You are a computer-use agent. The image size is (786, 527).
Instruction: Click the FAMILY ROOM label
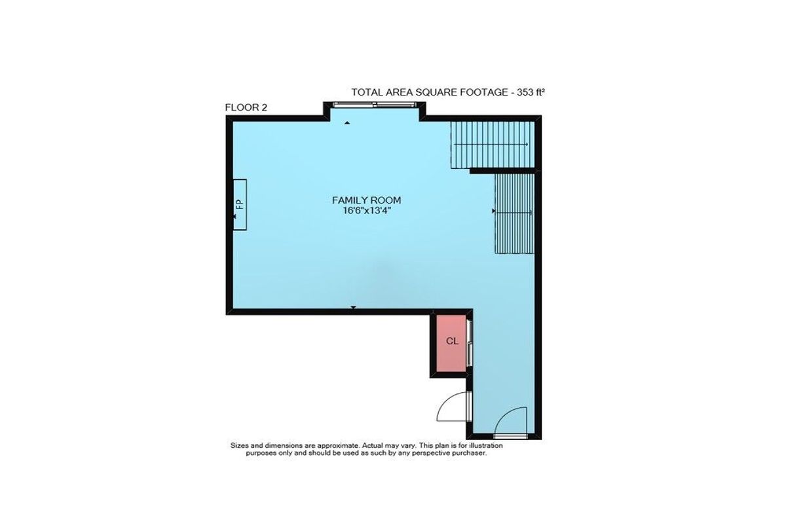(366, 200)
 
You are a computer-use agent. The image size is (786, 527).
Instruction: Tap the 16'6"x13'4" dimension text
(366, 211)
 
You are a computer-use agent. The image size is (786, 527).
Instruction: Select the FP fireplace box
(240, 205)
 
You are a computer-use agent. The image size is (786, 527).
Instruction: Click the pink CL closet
(451, 343)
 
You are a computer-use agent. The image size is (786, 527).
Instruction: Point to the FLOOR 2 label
(246, 107)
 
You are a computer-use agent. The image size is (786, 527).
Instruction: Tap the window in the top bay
(375, 104)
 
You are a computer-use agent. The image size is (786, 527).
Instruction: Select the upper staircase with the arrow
(493, 145)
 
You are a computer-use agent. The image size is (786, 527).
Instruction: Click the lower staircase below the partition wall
(515, 213)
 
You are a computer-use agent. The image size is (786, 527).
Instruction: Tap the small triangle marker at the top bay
(347, 123)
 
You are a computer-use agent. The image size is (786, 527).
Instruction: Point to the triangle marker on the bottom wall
(353, 308)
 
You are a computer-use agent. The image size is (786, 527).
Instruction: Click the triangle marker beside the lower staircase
(494, 211)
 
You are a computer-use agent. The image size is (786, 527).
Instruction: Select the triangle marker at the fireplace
(234, 217)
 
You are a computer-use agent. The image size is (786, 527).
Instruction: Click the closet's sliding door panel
(469, 343)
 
